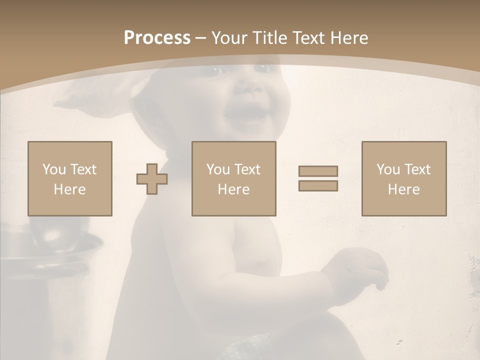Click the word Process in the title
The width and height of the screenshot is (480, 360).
click(x=157, y=38)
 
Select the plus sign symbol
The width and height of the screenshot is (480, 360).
click(x=152, y=179)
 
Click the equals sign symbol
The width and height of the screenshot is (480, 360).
click(x=318, y=178)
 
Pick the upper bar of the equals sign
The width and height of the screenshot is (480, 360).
click(x=318, y=171)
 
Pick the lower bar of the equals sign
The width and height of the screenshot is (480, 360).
click(x=318, y=186)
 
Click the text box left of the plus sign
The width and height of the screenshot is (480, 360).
click(x=69, y=178)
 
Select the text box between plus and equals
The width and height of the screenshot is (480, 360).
click(x=233, y=178)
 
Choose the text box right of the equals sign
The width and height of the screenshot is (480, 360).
click(x=403, y=178)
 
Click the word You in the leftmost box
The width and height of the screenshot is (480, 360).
click(x=54, y=169)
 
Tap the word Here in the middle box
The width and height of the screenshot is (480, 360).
click(x=233, y=189)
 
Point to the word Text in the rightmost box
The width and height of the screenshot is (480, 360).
click(x=417, y=169)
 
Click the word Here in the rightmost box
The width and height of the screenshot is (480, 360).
click(x=403, y=189)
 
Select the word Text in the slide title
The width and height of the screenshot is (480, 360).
click(x=308, y=38)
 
